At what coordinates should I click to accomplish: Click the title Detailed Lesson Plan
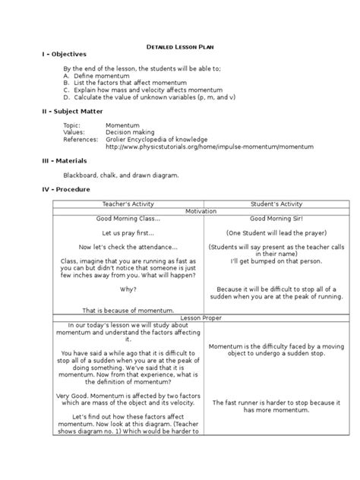179,46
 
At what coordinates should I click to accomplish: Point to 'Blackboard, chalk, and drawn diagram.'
122,175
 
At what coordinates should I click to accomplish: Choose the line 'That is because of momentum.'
128,310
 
